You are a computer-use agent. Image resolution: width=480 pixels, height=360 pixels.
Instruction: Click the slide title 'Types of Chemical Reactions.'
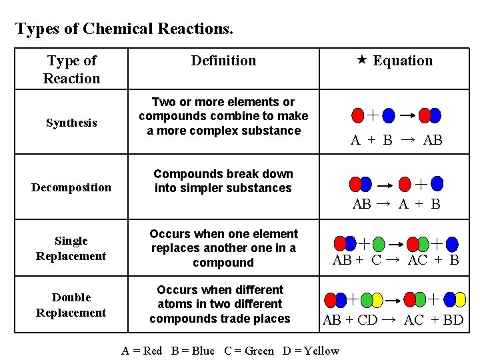tap(124, 29)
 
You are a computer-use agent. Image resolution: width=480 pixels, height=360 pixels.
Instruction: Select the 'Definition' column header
tap(223, 61)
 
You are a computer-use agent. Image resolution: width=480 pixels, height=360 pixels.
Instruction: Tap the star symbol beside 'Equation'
tap(361, 61)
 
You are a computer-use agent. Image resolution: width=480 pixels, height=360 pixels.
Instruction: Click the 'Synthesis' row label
tap(71, 123)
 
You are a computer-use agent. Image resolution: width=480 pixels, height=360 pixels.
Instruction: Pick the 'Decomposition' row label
tap(71, 187)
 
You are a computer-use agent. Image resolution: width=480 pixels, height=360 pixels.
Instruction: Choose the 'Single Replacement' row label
tap(71, 248)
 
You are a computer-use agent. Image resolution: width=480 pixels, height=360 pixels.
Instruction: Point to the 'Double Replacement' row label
tap(71, 305)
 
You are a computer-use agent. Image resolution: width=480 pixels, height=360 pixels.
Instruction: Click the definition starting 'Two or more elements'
tap(223, 116)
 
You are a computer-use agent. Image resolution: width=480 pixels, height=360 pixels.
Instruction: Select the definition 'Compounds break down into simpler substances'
tap(223, 181)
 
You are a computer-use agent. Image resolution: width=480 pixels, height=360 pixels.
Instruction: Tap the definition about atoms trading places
tap(220, 304)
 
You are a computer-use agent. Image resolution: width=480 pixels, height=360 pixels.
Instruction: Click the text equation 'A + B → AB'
tap(396, 140)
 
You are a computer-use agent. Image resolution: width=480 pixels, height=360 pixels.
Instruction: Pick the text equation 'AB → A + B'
tap(396, 204)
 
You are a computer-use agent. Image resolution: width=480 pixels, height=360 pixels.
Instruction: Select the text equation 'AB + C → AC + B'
tap(395, 260)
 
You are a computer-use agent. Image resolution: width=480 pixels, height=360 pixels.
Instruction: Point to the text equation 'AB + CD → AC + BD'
tap(393, 320)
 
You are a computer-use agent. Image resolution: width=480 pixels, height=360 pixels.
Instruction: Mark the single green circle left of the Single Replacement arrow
tap(378, 244)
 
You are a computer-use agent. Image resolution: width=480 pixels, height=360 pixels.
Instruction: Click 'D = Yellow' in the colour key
tap(311, 351)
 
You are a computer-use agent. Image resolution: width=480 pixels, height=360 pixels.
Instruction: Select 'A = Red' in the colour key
tap(142, 351)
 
